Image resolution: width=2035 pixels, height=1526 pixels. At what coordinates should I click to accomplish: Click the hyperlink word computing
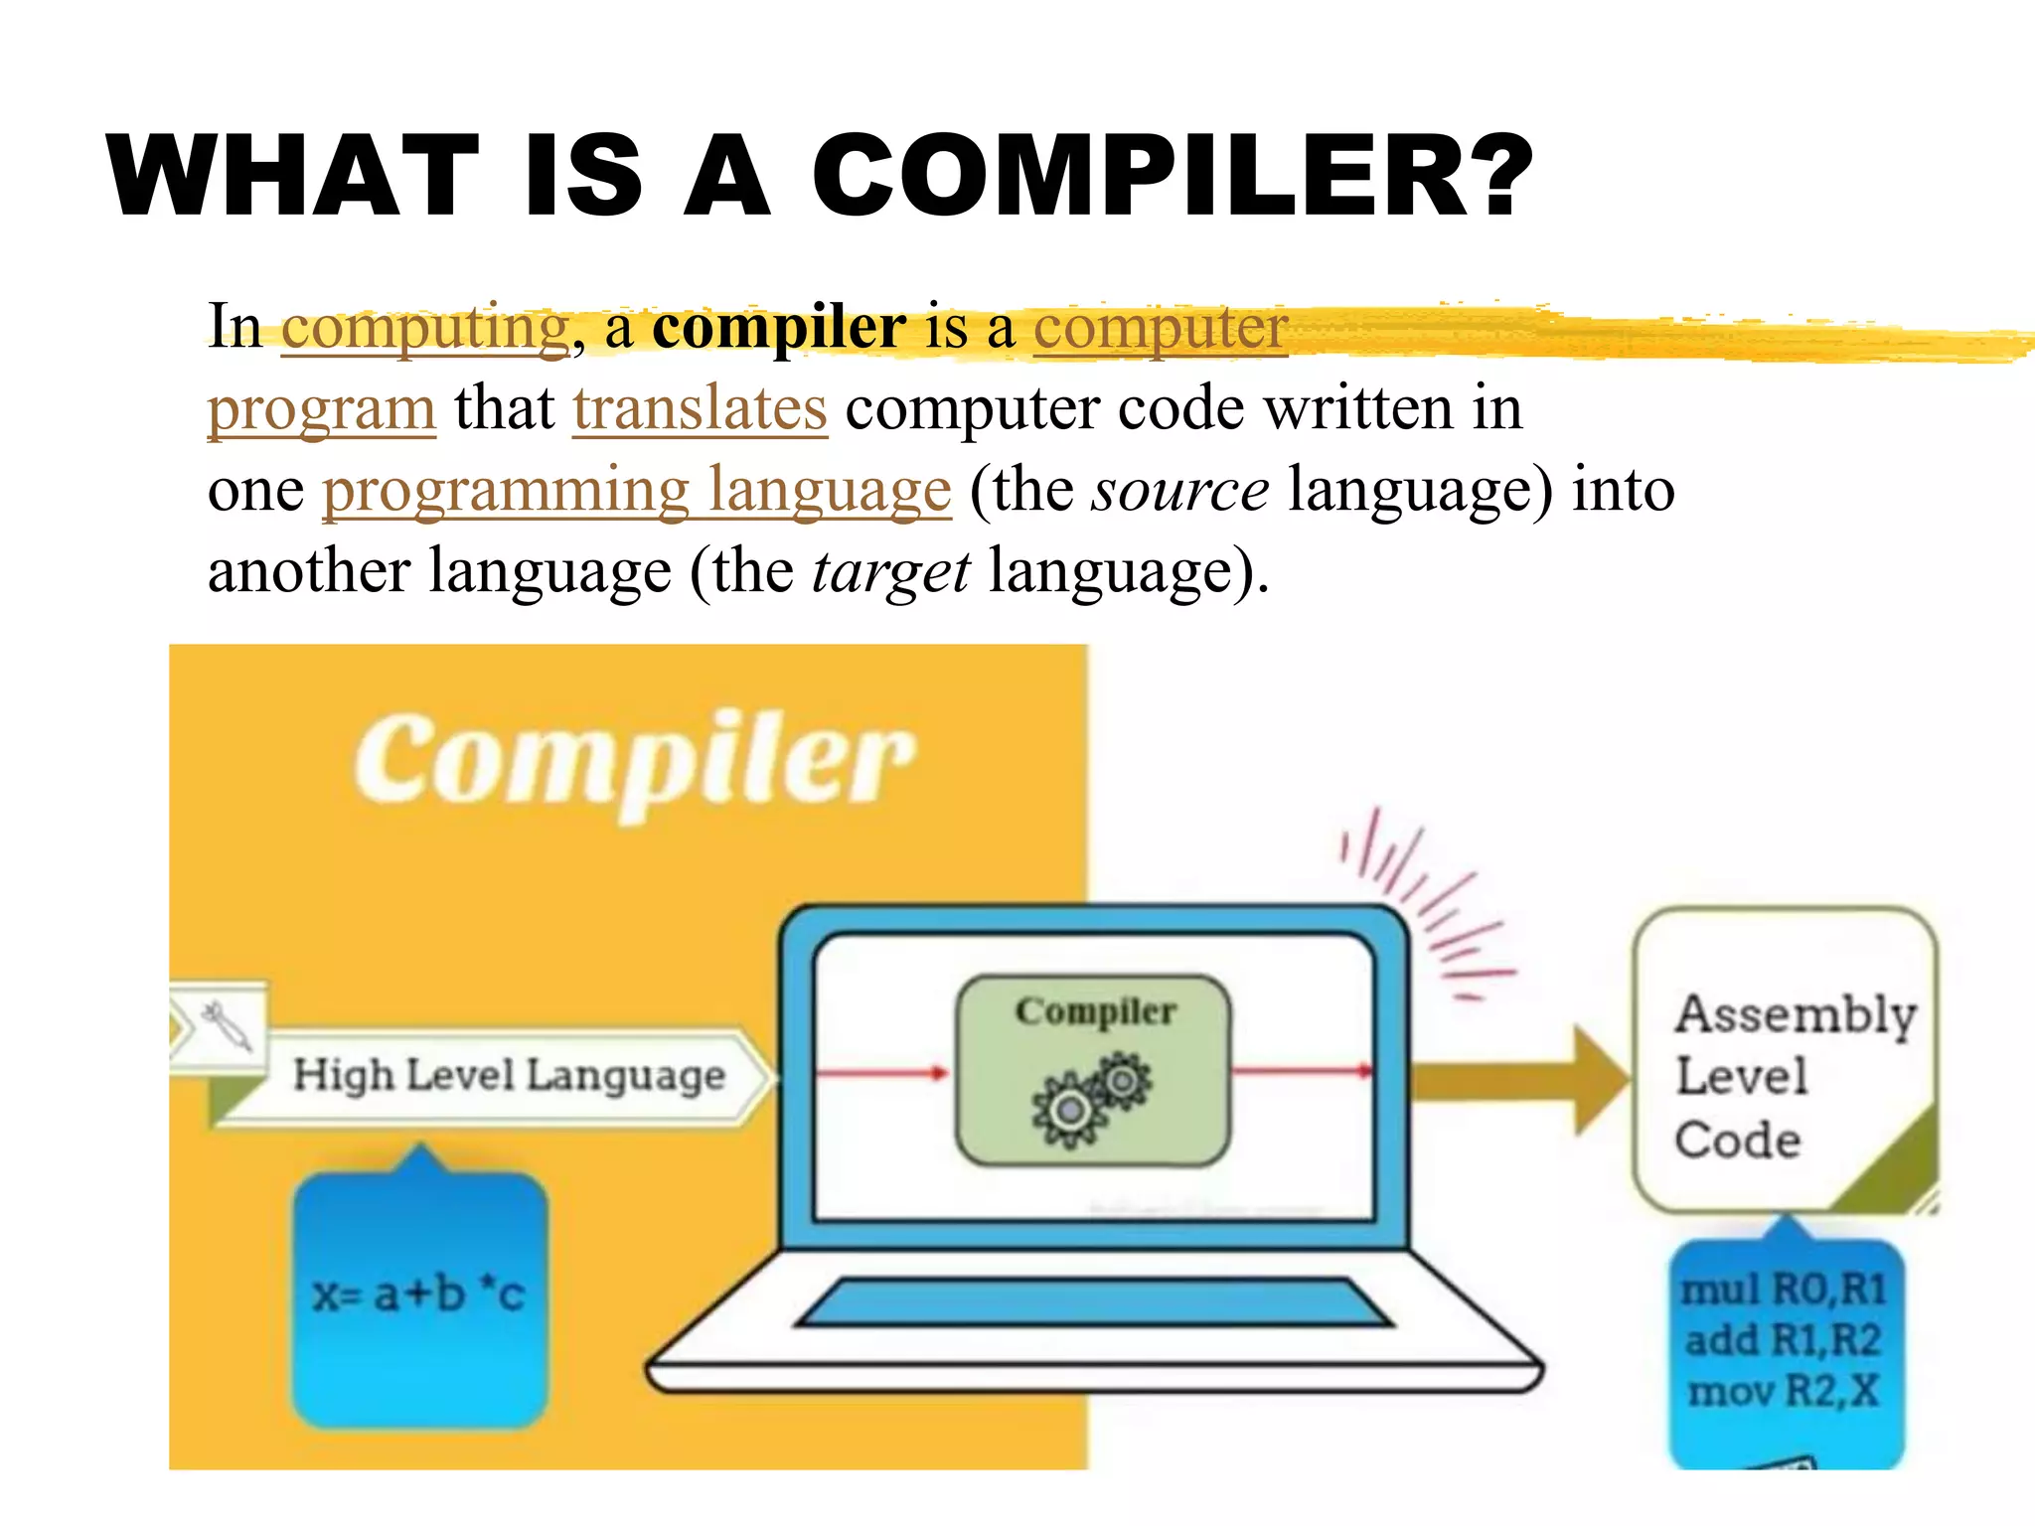click(x=425, y=328)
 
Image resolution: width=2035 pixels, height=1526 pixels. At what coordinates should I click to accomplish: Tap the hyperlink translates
click(x=700, y=408)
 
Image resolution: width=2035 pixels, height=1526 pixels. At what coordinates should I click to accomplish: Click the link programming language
click(x=636, y=490)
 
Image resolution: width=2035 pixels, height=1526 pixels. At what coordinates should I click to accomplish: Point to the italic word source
click(x=1179, y=490)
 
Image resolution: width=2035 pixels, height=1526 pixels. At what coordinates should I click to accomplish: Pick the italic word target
click(x=890, y=571)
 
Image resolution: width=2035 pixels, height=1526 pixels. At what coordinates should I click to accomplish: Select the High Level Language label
click(x=509, y=1076)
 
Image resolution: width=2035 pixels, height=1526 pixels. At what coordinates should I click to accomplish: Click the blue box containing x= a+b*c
click(x=419, y=1297)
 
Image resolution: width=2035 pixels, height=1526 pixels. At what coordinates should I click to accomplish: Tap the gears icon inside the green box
click(x=1091, y=1099)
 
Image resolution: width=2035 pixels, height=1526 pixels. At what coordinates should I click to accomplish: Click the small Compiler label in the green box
click(x=1095, y=1011)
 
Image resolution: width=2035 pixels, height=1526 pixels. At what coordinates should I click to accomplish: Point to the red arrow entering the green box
click(x=880, y=1073)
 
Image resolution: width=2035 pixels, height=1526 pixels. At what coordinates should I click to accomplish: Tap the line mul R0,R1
click(x=1785, y=1290)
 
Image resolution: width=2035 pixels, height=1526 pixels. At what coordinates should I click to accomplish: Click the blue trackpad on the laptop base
click(x=1093, y=1302)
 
